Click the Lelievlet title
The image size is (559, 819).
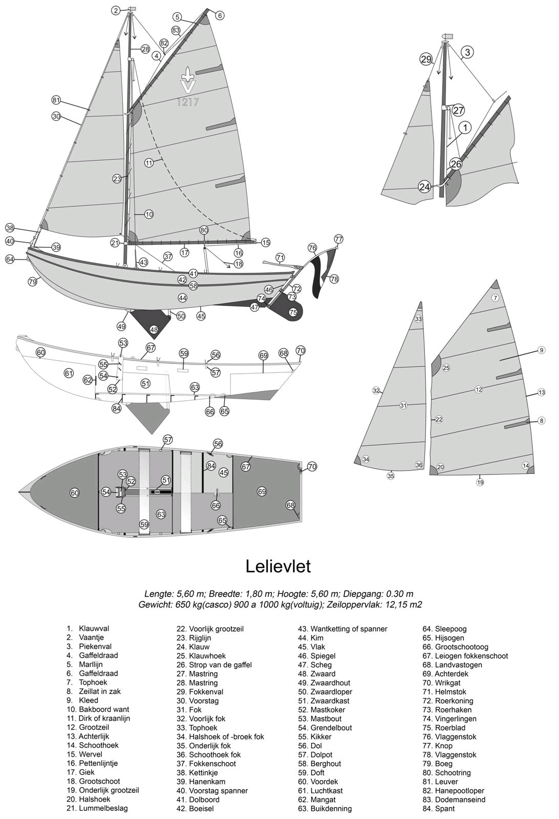(278, 566)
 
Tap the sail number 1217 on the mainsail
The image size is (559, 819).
(188, 102)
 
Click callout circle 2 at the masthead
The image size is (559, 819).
(116, 11)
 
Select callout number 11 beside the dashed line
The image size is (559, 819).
(149, 163)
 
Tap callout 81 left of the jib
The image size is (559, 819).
(56, 100)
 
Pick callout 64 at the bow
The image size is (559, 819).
(10, 259)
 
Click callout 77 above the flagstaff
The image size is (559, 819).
(339, 240)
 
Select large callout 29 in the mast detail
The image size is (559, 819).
(426, 59)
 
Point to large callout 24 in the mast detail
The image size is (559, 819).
(424, 187)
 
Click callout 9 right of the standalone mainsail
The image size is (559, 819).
(542, 350)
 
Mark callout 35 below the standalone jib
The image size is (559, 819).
(391, 476)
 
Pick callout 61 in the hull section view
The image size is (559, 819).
(69, 373)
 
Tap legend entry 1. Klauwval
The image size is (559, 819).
(88, 629)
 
